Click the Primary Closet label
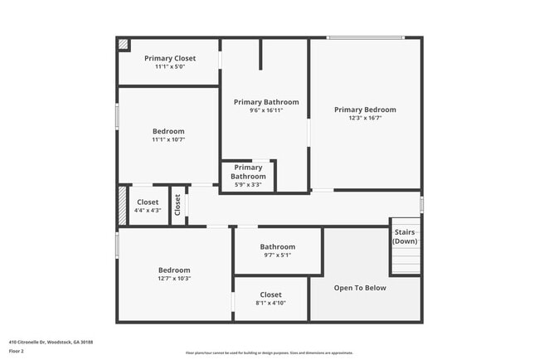tap(170, 58)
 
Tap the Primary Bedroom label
tap(365, 109)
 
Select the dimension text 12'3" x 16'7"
tap(365, 118)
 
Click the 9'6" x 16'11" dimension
tap(266, 110)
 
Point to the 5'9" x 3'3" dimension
tap(248, 184)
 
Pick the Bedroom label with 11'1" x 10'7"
tap(168, 131)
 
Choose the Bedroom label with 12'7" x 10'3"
tap(174, 270)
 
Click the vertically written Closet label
tap(177, 205)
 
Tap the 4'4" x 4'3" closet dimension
tap(147, 210)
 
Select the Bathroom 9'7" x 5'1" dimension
tap(277, 255)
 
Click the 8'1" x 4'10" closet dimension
tap(270, 303)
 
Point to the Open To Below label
tap(360, 288)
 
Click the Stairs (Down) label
tap(405, 236)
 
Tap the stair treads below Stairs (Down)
tap(405, 262)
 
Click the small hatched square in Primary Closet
tap(124, 45)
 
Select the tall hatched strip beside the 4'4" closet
tap(122, 205)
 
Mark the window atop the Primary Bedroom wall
tap(366, 37)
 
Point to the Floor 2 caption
tap(17, 352)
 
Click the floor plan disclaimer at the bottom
tap(269, 353)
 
